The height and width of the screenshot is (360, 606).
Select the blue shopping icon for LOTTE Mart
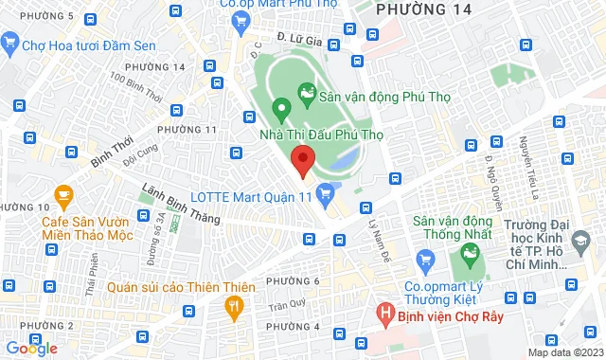coord(325,195)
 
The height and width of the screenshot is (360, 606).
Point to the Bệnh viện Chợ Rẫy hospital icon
coord(384,311)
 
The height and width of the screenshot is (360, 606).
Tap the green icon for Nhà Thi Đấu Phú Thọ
coord(280,108)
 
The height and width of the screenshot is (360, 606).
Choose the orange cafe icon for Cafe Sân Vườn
coord(64,198)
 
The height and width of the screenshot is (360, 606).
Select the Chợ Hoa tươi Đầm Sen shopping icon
coord(10,42)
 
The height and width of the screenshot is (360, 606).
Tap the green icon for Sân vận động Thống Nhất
coord(466,252)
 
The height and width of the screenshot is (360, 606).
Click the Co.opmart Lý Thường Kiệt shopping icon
coord(425,259)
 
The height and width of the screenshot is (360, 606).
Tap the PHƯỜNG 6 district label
coord(294,281)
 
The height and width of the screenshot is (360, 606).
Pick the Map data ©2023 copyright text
coord(565,352)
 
